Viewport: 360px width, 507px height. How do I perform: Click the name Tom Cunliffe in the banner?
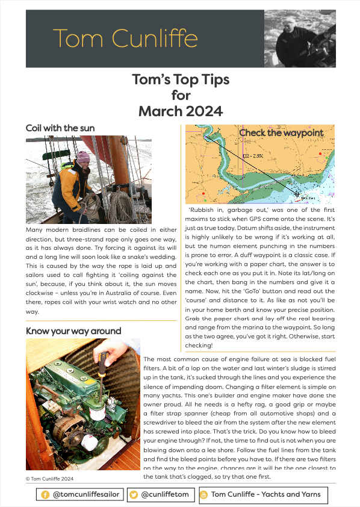(125, 39)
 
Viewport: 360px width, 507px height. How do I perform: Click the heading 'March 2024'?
(181, 111)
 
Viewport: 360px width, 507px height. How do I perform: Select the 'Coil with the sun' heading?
(60, 128)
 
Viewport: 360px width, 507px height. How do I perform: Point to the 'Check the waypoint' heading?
(281, 132)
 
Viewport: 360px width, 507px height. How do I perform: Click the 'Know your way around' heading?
(73, 331)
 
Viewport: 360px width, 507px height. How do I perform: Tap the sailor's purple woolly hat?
(82, 157)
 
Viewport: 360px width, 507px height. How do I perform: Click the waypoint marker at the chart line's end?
(297, 193)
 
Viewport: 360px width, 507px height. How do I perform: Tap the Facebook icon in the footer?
(45, 495)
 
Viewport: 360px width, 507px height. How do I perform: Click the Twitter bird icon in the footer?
(133, 495)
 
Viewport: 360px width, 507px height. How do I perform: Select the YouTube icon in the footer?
(203, 495)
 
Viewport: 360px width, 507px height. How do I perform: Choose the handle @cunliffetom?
(165, 495)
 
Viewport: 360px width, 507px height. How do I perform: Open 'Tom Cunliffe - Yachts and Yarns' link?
(265, 495)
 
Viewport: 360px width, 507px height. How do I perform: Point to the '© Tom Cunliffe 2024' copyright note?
(49, 479)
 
